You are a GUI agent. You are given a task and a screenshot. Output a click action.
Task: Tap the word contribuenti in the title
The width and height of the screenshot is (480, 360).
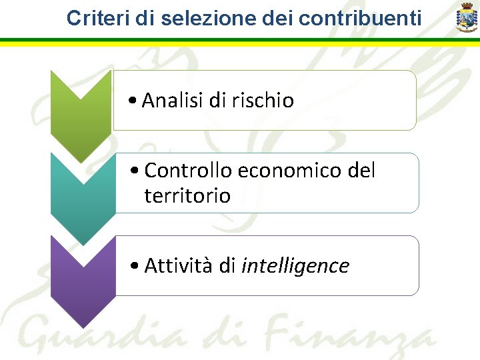[360, 18]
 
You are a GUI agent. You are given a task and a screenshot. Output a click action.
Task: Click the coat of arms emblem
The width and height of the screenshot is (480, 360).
[466, 17]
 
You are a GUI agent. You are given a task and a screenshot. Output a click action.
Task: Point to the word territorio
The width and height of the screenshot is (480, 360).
[187, 196]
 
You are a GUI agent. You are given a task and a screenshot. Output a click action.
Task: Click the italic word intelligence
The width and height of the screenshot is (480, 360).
[295, 266]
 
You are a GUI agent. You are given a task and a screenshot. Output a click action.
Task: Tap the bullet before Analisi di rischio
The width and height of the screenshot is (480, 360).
[135, 101]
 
